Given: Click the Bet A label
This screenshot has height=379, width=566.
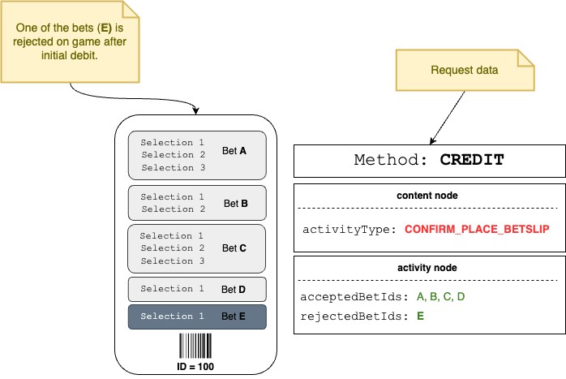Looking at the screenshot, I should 235,150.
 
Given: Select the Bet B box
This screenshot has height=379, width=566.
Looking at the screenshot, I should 197,203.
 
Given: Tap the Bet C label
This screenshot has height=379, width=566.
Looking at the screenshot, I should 234,248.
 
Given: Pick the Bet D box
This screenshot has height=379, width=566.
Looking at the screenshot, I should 197,289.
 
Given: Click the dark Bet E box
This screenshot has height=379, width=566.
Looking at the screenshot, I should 197,317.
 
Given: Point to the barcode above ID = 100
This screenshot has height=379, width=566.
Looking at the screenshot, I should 197,346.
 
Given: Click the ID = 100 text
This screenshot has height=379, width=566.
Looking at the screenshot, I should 197,366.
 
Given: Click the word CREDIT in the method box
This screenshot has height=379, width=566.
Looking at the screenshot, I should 472,160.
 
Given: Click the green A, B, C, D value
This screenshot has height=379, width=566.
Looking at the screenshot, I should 440,297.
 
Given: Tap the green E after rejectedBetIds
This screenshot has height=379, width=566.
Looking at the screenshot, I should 420,316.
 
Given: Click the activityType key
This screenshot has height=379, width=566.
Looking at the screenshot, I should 349,230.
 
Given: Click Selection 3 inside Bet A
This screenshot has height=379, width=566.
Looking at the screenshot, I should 173,167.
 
